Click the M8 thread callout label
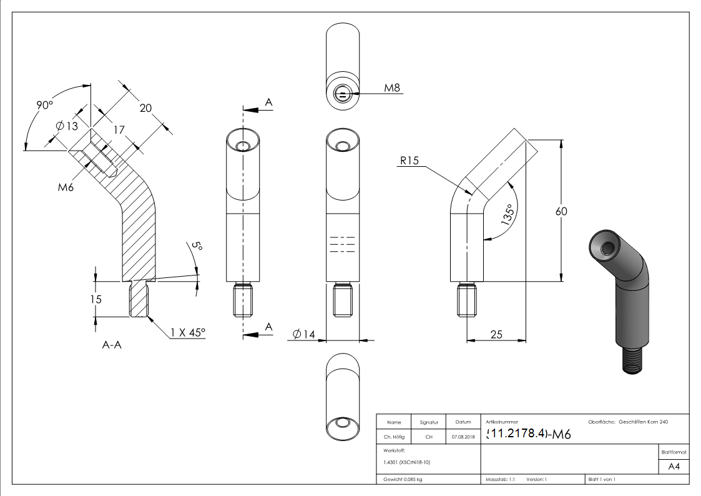(391, 87)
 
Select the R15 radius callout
(409, 161)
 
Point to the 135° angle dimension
(509, 214)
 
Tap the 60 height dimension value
(561, 211)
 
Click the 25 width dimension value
(496, 334)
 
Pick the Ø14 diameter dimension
(303, 334)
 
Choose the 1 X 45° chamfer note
(188, 332)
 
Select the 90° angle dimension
(45, 105)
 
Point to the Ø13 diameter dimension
(67, 126)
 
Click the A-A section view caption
(111, 344)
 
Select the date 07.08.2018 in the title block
(463, 437)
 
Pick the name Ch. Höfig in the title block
(394, 437)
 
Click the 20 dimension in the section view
(145, 107)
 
